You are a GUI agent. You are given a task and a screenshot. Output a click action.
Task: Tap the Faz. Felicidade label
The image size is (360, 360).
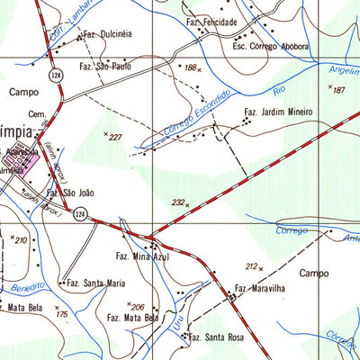pos(212,21)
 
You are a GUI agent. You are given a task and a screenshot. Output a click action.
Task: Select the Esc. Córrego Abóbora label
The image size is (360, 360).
pos(271,46)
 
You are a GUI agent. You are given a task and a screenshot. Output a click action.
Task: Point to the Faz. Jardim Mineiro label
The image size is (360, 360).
pos(278,112)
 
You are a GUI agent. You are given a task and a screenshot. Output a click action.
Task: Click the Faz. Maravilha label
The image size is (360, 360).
pos(260,289)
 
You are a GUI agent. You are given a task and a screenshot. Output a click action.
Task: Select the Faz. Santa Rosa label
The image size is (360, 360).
pos(217,338)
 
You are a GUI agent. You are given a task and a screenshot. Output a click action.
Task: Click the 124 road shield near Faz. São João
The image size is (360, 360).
pos(80,213)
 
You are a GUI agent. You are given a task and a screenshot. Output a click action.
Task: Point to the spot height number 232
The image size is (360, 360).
pos(178,202)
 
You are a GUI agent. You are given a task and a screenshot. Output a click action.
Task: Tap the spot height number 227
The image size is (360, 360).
pos(114,137)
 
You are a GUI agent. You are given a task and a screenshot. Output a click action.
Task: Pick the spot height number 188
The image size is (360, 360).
pos(190,67)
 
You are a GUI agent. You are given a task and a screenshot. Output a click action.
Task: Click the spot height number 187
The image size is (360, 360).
pos(338,90)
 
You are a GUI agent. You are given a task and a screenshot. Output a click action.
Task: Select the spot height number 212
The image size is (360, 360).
pos(251,265)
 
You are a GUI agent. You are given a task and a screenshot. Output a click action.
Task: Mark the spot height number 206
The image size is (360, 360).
pos(138,307)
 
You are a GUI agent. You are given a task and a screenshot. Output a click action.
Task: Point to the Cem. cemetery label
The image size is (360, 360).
pos(36,115)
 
